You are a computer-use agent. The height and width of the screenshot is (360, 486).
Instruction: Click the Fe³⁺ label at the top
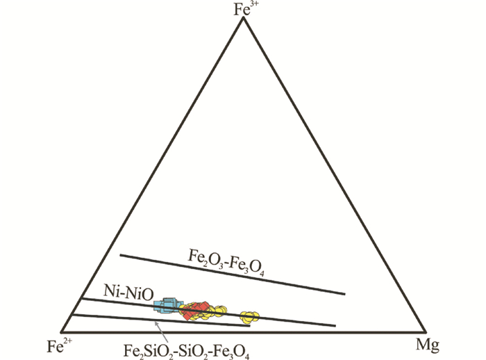(x=243, y=9)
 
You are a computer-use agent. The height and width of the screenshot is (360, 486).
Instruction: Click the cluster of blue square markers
(x=167, y=305)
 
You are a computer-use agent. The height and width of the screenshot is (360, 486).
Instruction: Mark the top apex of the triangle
(x=243, y=18)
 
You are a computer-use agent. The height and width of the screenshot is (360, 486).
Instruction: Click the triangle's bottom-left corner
(x=62, y=332)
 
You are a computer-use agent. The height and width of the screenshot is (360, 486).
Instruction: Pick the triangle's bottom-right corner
(x=424, y=332)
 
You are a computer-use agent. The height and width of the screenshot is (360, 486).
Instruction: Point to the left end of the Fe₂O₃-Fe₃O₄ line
(x=120, y=255)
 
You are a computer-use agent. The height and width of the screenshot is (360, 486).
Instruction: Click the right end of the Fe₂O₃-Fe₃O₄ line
(x=344, y=293)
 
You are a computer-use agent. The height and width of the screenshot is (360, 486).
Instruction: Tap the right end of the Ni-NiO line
(x=335, y=325)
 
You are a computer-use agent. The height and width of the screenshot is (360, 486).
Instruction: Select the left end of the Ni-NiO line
(x=82, y=299)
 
